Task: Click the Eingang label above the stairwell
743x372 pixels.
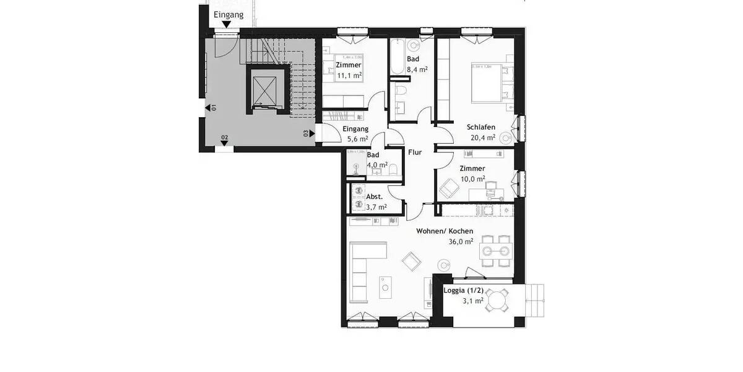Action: point(228,14)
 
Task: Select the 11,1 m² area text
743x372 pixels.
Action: point(349,76)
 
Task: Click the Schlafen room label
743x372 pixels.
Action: point(481,127)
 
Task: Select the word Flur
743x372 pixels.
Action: point(415,152)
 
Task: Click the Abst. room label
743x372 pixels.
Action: point(375,196)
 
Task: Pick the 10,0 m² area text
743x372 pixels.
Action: point(472,179)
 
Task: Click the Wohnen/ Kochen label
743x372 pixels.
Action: point(445,231)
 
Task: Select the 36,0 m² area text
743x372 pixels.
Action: point(461,242)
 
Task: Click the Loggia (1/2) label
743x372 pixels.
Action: point(464,290)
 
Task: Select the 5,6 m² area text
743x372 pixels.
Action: point(355,139)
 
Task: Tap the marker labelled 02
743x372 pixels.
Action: point(224,141)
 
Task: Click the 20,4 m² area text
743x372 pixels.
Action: point(482,138)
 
